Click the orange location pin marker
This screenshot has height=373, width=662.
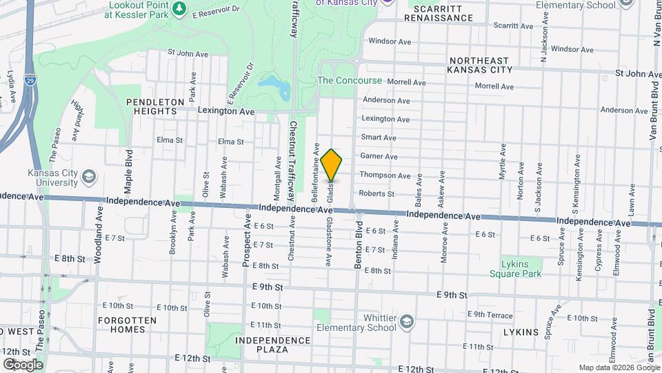(332, 164)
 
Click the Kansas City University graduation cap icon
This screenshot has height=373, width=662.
(88, 177)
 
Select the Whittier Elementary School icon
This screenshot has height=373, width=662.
(407, 322)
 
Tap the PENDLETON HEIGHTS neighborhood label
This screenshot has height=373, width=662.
(156, 106)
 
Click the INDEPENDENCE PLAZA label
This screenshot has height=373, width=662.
(272, 345)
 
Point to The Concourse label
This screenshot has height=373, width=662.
(349, 81)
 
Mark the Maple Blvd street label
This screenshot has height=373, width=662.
(128, 170)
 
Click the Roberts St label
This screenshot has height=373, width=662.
(377, 194)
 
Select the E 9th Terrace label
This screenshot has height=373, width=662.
(490, 314)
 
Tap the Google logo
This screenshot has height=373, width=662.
(23, 364)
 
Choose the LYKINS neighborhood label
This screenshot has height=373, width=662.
(521, 332)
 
